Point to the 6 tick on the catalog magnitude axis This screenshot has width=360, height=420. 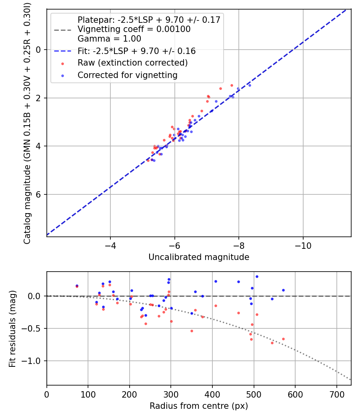click(x=39, y=194)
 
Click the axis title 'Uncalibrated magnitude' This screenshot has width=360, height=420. click(x=199, y=257)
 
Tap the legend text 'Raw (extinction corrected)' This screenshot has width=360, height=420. click(x=133, y=63)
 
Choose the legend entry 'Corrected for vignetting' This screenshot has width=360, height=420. click(x=128, y=75)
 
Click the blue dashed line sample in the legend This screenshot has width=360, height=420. click(x=62, y=51)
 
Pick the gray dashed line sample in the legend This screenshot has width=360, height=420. click(x=62, y=30)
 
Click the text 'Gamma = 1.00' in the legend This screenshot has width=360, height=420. click(x=109, y=39)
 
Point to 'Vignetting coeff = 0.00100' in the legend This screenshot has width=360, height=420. click(x=134, y=29)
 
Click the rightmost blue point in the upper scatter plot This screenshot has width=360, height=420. click(x=250, y=85)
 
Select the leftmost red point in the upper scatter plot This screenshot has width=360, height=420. click(x=148, y=160)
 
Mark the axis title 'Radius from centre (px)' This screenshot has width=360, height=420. click(x=199, y=406)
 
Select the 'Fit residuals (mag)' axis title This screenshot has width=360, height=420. click(x=13, y=328)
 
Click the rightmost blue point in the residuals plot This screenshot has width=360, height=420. click(x=283, y=290)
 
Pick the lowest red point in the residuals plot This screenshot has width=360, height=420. click(x=272, y=343)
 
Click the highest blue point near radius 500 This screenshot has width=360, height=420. click(x=257, y=276)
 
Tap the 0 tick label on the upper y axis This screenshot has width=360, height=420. click(x=39, y=50)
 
